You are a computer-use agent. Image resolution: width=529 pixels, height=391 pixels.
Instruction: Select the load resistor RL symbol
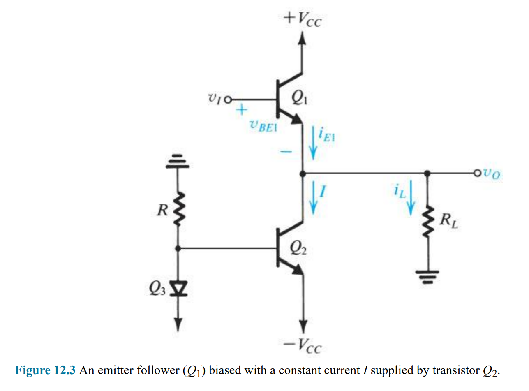[x=428, y=222]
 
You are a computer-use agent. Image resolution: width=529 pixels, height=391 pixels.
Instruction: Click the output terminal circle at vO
[x=477, y=174]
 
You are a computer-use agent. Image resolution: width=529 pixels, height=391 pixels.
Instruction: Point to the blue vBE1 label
[x=263, y=126]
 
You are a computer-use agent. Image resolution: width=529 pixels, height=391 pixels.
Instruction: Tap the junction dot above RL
[x=428, y=174]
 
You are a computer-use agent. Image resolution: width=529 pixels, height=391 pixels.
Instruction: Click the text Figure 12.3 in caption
[x=45, y=370]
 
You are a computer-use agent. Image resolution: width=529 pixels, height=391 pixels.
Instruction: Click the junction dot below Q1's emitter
[x=303, y=174]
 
